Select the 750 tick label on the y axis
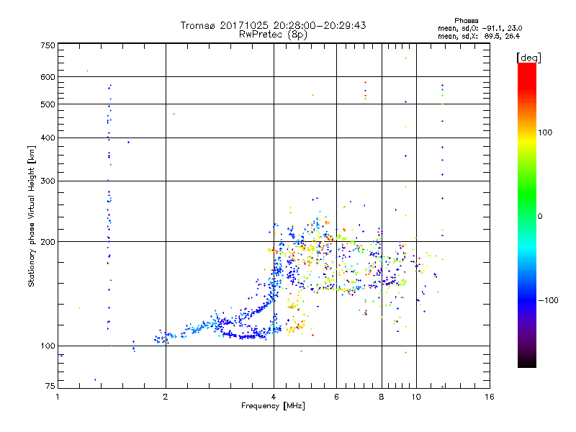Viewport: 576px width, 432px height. [48, 45]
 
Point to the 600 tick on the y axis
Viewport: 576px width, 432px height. [48, 76]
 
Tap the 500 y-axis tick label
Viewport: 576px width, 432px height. [48, 104]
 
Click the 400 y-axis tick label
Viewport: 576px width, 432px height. [48, 138]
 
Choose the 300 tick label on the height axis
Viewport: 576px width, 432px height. [48, 181]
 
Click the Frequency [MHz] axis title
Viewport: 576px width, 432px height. [274, 406]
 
